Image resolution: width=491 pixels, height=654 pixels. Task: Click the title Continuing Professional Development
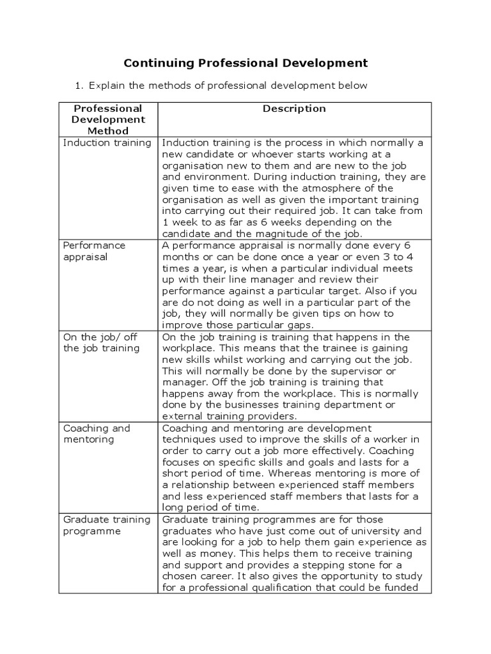click(245, 63)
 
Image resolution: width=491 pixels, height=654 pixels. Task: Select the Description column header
click(294, 109)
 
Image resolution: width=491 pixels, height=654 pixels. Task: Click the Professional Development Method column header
click(108, 119)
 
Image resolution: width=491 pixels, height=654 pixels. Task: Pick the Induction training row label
click(107, 142)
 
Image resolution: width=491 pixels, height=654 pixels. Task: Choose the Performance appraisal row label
click(94, 251)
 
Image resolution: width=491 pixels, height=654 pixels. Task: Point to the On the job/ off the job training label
click(100, 342)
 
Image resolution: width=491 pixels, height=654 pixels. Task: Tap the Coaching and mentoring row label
click(96, 434)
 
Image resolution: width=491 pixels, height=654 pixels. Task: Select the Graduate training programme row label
click(107, 525)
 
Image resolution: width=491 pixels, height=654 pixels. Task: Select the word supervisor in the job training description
click(358, 371)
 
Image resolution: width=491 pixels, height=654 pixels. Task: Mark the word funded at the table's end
click(400, 588)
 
